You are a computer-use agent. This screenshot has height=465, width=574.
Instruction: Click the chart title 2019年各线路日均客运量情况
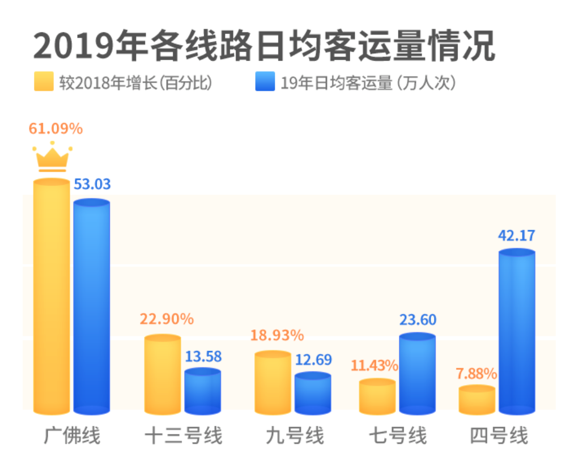pos(264,45)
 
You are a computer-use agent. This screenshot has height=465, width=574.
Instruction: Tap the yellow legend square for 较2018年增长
pos(44,82)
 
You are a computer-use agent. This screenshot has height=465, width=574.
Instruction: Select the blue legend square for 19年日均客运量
pos(265,82)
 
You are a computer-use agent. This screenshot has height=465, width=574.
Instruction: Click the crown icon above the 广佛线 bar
pos(52,157)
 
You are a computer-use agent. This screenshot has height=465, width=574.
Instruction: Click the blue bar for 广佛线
pos(92,306)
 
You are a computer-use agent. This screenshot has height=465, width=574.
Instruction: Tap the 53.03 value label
pos(92,184)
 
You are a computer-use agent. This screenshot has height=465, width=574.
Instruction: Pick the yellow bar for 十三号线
pos(163,374)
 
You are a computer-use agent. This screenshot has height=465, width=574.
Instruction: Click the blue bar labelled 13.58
pos(202,391)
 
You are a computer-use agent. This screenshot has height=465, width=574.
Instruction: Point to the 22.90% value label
pos(167,319)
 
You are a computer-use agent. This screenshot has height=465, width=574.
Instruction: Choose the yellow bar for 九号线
pos(273,383)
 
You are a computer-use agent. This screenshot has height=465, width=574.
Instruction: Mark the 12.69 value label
pos(313,360)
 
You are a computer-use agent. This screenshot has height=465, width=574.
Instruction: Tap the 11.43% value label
pos(374,366)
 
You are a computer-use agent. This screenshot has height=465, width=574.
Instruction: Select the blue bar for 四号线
pos(517,332)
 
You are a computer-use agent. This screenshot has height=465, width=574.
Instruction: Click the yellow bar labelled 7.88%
pos(477,400)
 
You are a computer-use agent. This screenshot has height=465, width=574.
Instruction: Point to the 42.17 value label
pos(517,235)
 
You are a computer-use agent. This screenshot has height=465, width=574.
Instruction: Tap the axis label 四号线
pos(499,437)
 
